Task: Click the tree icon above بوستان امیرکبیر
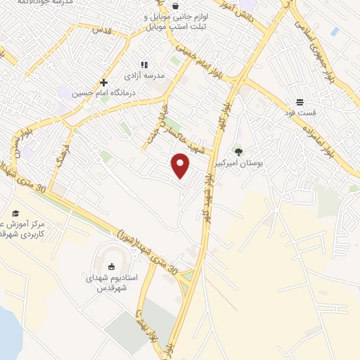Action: coord(238,150)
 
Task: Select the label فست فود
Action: coord(300,112)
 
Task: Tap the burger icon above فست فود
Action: coord(300,101)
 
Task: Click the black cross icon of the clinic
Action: coord(103,82)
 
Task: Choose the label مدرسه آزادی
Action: coord(143,75)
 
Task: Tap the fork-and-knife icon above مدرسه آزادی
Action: coord(143,63)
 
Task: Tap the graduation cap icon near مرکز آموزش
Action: coord(15,214)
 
